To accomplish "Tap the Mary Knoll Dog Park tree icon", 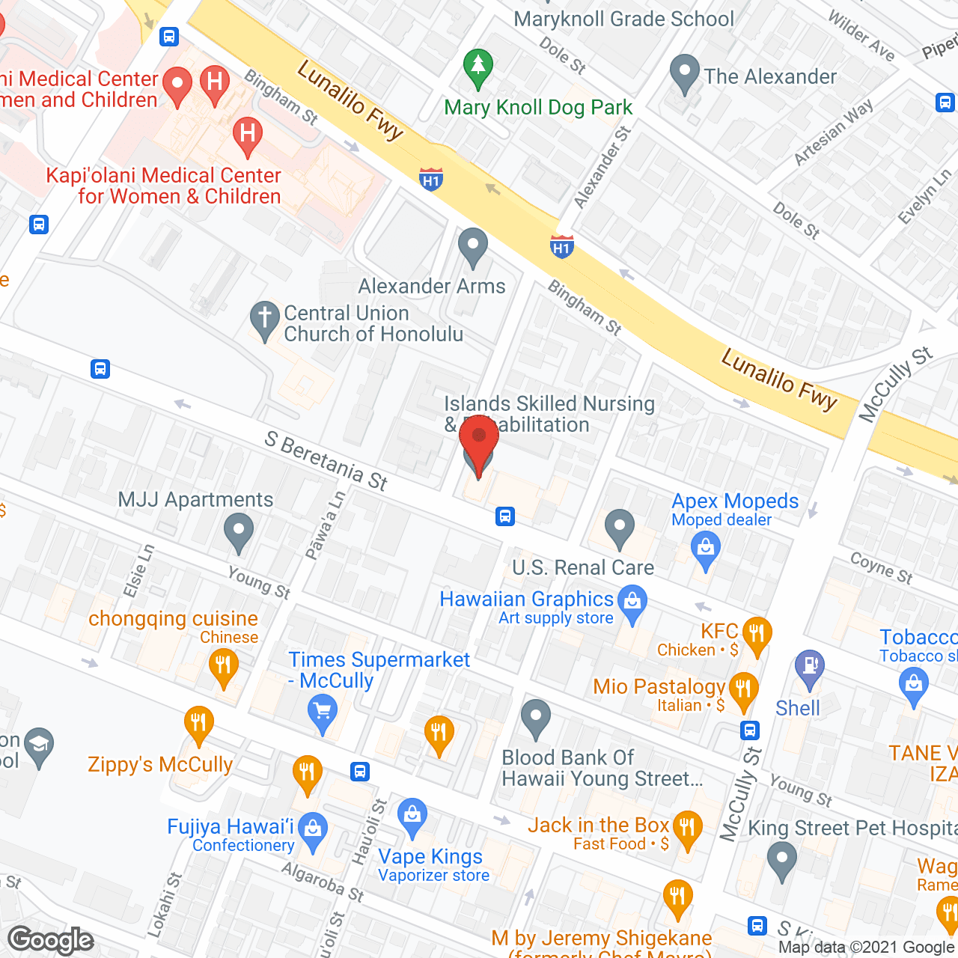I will coord(478,67).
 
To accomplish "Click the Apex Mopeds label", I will coord(735,501).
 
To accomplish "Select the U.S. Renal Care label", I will coord(583,568).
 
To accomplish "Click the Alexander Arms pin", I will coord(473,247).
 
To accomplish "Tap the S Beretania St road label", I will coord(326,461).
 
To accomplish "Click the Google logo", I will coord(51,939).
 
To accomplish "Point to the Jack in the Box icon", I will coord(686,829).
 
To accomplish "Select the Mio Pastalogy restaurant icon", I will coord(743,690).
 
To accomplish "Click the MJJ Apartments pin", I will coord(239,532).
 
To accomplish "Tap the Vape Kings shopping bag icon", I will coord(412,817).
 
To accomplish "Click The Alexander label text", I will coord(770,76).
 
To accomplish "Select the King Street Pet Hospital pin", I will coord(782,860).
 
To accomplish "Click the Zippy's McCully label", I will coord(160,764).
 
